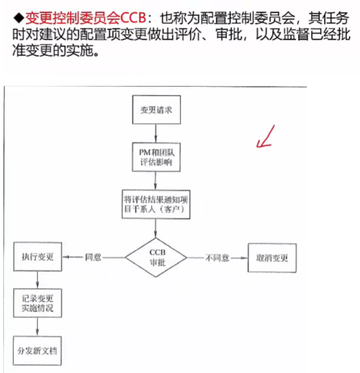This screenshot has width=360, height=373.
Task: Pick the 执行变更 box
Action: [x=38, y=257]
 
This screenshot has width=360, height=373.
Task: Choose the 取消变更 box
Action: [x=272, y=258]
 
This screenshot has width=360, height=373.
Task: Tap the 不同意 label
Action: [x=218, y=258]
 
